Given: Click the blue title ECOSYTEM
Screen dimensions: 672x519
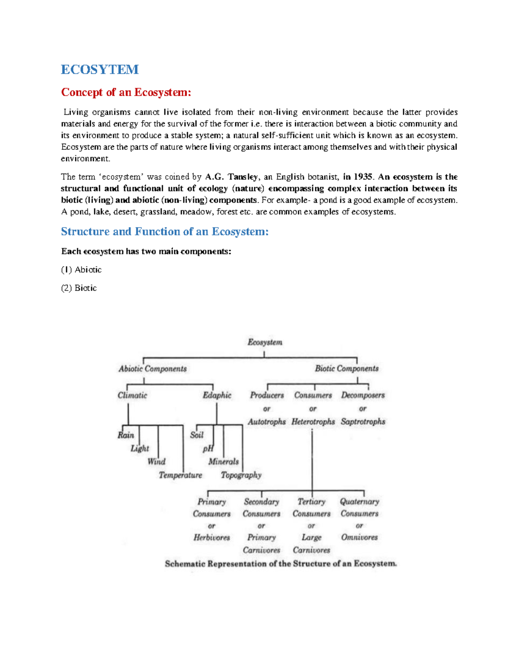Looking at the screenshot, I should pyautogui.click(x=99, y=69).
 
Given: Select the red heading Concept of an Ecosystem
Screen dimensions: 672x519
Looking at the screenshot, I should pyautogui.click(x=126, y=92).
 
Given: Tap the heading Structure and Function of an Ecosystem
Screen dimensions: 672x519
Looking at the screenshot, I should pyautogui.click(x=164, y=232).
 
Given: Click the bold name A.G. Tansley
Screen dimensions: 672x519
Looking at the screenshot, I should pyautogui.click(x=232, y=177).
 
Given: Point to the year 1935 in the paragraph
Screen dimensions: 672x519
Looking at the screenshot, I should pyautogui.click(x=362, y=177).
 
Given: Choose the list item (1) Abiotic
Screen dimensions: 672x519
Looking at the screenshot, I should pyautogui.click(x=81, y=270).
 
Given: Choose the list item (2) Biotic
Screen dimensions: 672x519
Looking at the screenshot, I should pyautogui.click(x=79, y=288).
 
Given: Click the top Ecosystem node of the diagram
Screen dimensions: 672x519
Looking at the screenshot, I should pyautogui.click(x=265, y=342).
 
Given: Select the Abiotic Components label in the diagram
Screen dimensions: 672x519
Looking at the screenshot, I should pyautogui.click(x=153, y=369).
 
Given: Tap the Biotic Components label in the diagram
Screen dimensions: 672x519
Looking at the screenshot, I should pyautogui.click(x=346, y=368).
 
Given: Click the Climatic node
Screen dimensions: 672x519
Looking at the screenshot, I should pyautogui.click(x=132, y=395).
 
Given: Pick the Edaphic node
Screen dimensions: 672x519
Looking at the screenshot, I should pyautogui.click(x=217, y=395).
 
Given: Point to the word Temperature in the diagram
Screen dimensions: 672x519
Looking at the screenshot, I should pyautogui.click(x=180, y=475).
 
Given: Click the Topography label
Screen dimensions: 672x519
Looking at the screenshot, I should pyautogui.click(x=241, y=475).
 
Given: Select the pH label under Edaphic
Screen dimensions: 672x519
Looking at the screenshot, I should pyautogui.click(x=208, y=449).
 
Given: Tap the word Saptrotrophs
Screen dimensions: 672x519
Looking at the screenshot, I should pyautogui.click(x=363, y=421).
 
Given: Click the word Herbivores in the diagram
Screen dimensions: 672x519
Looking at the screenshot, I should pyautogui.click(x=211, y=537).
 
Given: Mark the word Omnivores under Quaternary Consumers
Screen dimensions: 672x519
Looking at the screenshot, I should pyautogui.click(x=359, y=537).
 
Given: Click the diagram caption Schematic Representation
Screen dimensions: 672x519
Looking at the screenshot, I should pyautogui.click(x=281, y=564).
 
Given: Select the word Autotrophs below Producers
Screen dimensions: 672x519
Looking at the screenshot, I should pyautogui.click(x=266, y=421).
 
